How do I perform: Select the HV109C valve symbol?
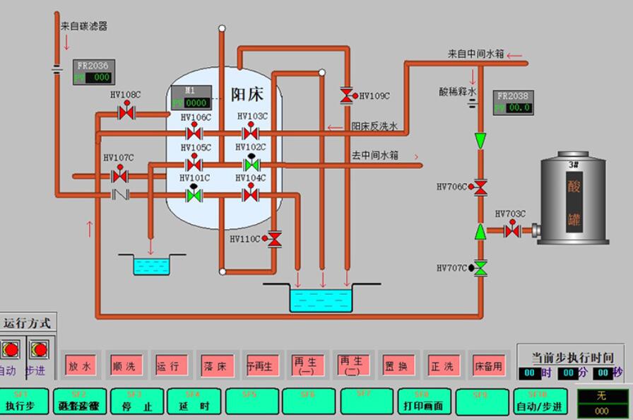click(347, 95)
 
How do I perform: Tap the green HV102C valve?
click(250, 164)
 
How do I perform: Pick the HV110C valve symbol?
click(275, 240)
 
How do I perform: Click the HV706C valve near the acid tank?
click(480, 187)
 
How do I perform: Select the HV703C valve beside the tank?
click(512, 231)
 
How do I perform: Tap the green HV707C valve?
click(480, 268)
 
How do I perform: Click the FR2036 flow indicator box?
click(93, 71)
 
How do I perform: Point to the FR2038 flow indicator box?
click(513, 102)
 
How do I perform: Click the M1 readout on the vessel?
click(190, 97)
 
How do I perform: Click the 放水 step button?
click(80, 366)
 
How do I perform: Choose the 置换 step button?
click(398, 366)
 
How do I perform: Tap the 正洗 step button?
click(442, 366)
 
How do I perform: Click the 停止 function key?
click(137, 402)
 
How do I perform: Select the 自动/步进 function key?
click(540, 402)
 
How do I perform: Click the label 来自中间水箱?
click(475, 54)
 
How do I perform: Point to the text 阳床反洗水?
click(375, 127)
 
